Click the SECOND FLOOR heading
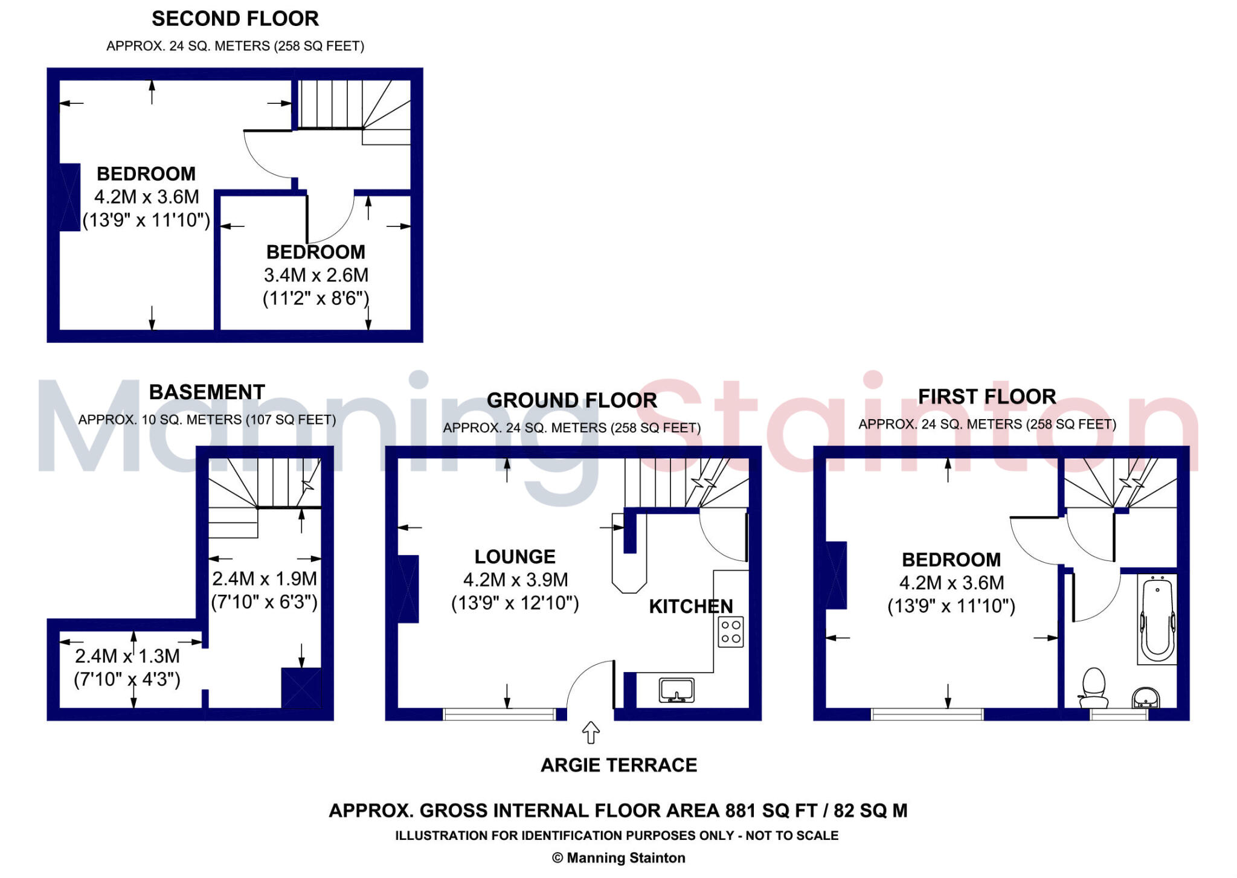pyautogui.click(x=235, y=19)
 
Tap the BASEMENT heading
pyautogui.click(x=207, y=392)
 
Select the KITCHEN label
pyautogui.click(x=690, y=606)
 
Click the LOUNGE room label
pyautogui.click(x=515, y=557)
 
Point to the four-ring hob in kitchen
pyautogui.click(x=730, y=632)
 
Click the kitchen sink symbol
pyautogui.click(x=676, y=690)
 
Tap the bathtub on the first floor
pyautogui.click(x=1157, y=619)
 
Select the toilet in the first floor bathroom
pyautogui.click(x=1093, y=688)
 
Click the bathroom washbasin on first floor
pyautogui.click(x=1145, y=697)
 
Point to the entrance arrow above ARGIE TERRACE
pyautogui.click(x=590, y=732)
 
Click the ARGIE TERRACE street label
pyautogui.click(x=618, y=765)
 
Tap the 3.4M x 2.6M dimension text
pyautogui.click(x=316, y=275)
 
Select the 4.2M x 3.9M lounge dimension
pyautogui.click(x=515, y=580)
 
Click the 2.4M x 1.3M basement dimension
pyautogui.click(x=127, y=656)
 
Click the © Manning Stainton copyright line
pyautogui.click(x=618, y=857)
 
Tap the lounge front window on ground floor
pyautogui.click(x=499, y=714)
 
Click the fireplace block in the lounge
pyautogui.click(x=408, y=589)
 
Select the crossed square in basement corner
pyautogui.click(x=301, y=688)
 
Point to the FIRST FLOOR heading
pyautogui.click(x=987, y=397)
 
